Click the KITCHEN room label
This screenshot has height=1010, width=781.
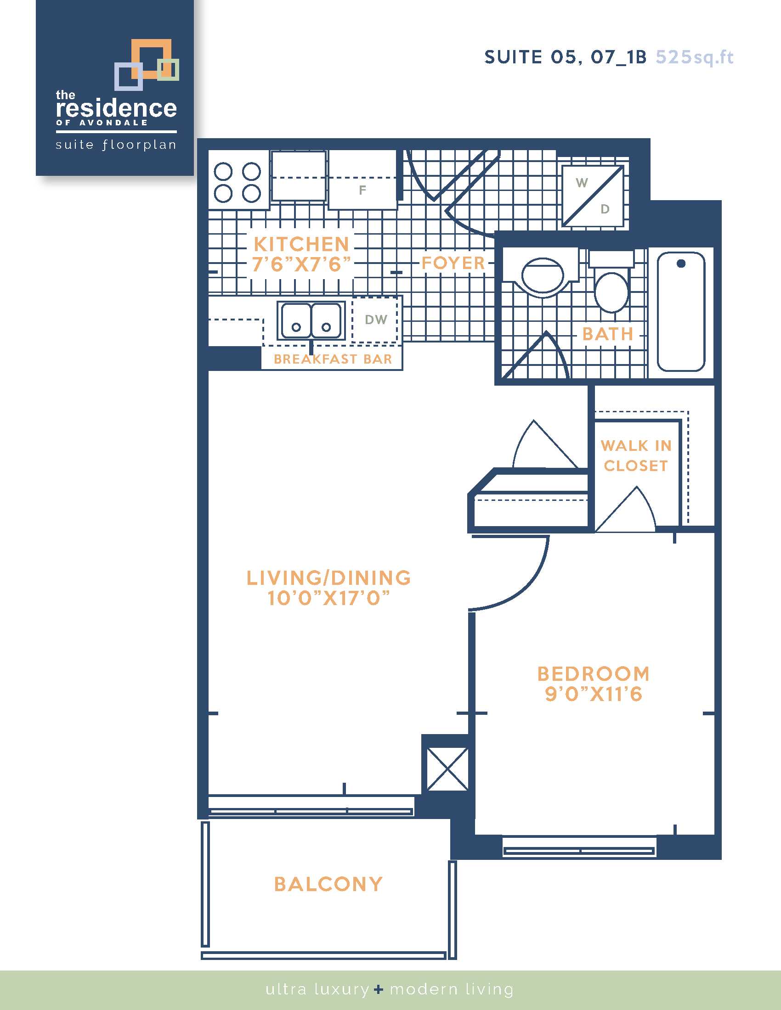coord(301,244)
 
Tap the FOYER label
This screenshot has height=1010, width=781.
coord(453,263)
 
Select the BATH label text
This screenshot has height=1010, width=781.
coord(607,334)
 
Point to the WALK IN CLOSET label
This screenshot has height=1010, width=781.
coord(636,455)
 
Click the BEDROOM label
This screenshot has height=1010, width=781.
coord(594,674)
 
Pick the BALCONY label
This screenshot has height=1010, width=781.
coord(328,884)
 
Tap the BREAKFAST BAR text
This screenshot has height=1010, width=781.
coord(333,359)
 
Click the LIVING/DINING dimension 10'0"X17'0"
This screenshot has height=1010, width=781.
coord(328,598)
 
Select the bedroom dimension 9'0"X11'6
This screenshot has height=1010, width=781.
coord(594,694)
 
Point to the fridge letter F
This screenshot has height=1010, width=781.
coord(362,190)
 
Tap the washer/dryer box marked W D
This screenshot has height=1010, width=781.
coord(593,196)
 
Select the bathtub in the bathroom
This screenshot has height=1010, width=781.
coord(681,311)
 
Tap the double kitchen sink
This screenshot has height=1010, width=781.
coord(311,320)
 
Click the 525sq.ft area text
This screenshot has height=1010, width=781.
coord(695,57)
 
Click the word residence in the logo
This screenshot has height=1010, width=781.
coord(116,108)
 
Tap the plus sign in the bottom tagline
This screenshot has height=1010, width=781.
coord(379,990)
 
